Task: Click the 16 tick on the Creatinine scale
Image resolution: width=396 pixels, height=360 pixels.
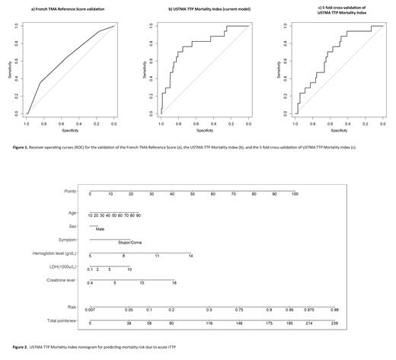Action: pyautogui.click(x=174, y=283)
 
